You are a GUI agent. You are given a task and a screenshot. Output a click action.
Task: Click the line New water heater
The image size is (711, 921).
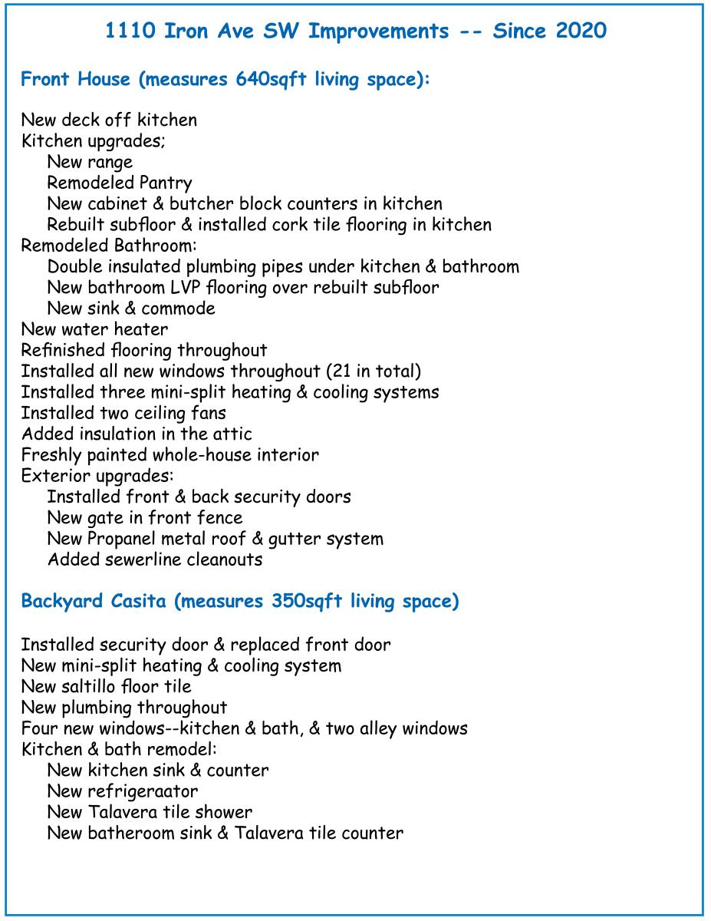94,329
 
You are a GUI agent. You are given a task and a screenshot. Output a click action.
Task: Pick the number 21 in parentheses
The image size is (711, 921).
342,371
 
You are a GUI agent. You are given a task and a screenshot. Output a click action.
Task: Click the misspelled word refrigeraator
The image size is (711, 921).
149,791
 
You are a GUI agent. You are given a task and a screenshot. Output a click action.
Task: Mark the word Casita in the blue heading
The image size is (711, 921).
138,601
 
